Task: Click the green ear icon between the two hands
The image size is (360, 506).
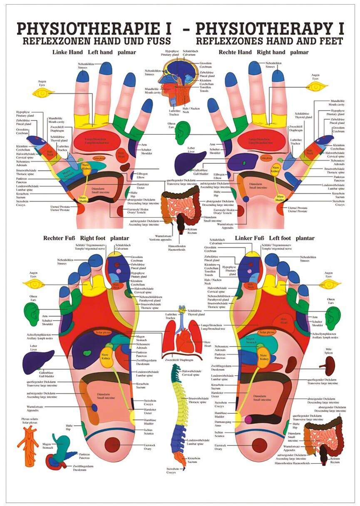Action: pyautogui.click(x=181, y=132)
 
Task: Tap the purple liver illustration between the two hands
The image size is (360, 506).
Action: pyautogui.click(x=190, y=162)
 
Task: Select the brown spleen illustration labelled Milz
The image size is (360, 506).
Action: pyautogui.click(x=328, y=366)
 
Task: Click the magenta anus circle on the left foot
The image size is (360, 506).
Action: pyautogui.click(x=248, y=420)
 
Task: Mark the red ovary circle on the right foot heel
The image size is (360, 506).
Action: pyautogui.click(x=112, y=445)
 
